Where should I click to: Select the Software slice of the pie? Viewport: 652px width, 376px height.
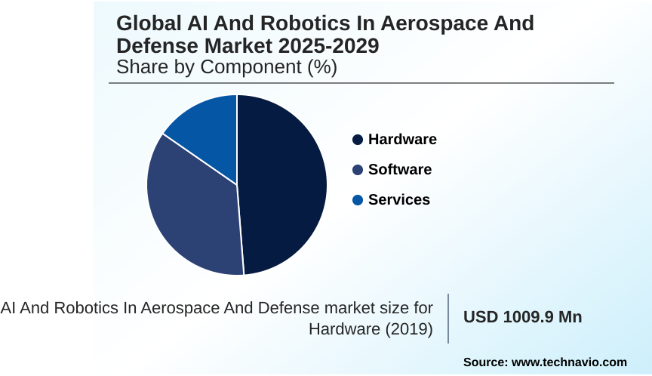click(x=192, y=208)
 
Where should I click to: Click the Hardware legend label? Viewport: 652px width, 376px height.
click(x=402, y=139)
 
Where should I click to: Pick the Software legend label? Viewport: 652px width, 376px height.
click(x=400, y=169)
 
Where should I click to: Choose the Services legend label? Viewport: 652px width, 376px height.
click(x=399, y=199)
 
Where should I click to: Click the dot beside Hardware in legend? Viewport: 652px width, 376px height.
click(x=358, y=140)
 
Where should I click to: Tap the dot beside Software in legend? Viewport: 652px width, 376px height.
click(x=358, y=170)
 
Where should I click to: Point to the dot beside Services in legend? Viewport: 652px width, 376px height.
click(x=358, y=200)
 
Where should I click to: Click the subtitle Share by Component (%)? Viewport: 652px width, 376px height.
click(x=226, y=67)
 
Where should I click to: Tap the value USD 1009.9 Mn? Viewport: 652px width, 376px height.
click(x=522, y=317)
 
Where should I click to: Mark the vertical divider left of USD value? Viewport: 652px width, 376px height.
click(x=449, y=318)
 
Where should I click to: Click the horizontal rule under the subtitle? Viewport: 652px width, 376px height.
click(x=361, y=83)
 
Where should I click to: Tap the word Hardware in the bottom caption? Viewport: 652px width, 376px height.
click(x=343, y=329)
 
